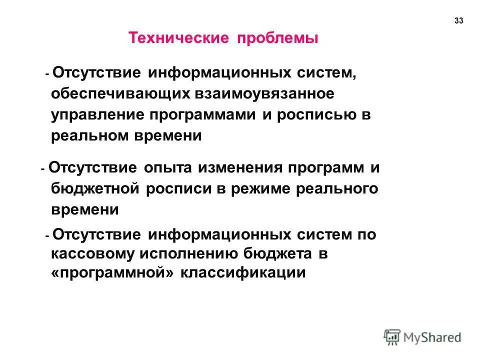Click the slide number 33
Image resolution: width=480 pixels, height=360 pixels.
tap(459, 20)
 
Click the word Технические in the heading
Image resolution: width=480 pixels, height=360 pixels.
tap(177, 39)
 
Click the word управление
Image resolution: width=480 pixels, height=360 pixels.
tap(96, 115)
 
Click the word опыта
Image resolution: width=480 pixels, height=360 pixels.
tap(168, 168)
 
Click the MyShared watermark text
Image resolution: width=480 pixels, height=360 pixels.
tap(433, 337)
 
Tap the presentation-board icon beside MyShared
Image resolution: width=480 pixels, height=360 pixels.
tap(392, 337)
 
